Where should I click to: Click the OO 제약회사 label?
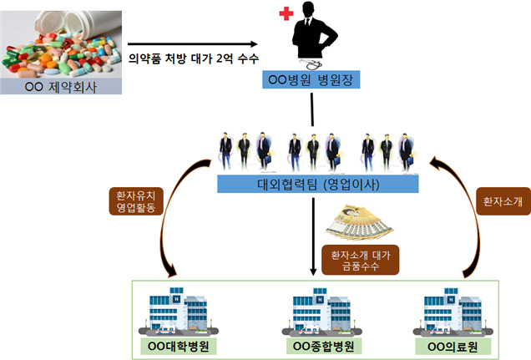63,87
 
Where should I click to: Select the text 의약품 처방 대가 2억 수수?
194,59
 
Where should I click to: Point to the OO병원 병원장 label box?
313,82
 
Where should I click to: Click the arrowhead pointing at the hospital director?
255,43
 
